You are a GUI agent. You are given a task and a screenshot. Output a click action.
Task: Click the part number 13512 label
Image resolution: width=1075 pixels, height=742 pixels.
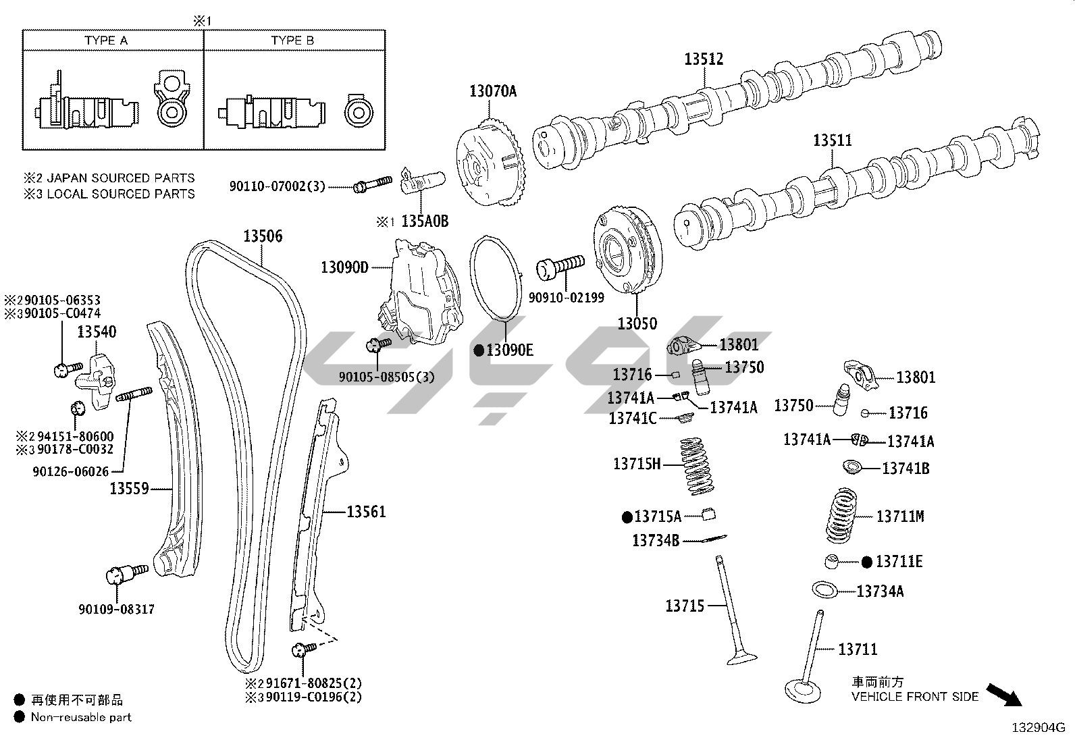coord(704,59)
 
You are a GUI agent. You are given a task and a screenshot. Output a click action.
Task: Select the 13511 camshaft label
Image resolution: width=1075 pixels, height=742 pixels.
coord(832,140)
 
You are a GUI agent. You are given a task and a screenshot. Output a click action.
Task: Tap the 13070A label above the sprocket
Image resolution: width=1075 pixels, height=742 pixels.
coord(493,91)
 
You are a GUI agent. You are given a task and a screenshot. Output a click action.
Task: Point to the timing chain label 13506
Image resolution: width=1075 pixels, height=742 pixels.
coord(263,236)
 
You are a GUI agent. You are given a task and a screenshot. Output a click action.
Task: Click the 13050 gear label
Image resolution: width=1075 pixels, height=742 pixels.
coord(637,323)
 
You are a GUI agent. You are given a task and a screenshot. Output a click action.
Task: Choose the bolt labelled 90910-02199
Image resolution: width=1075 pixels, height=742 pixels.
coord(560,267)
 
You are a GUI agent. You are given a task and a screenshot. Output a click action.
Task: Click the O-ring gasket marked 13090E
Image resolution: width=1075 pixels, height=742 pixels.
coord(498,278)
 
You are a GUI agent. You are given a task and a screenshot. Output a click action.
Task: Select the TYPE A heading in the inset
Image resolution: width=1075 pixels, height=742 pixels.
coord(106,41)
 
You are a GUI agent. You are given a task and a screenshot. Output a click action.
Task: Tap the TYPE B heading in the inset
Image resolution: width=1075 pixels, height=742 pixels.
coord(292,41)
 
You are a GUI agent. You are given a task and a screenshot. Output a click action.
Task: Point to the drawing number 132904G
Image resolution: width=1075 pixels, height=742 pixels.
coord(1037,728)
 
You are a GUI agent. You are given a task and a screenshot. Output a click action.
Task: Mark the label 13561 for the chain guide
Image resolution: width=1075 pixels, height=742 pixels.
coord(366,512)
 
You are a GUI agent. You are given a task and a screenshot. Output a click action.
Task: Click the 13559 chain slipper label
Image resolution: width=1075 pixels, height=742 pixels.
coord(129,488)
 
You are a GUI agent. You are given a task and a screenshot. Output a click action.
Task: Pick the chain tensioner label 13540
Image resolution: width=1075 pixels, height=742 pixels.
coord(96,332)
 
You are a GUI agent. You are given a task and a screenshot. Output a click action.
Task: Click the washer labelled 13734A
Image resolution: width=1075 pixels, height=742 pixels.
coord(824,589)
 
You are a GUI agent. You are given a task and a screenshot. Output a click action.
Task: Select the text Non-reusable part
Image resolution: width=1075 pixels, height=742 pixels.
coord(81,717)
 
